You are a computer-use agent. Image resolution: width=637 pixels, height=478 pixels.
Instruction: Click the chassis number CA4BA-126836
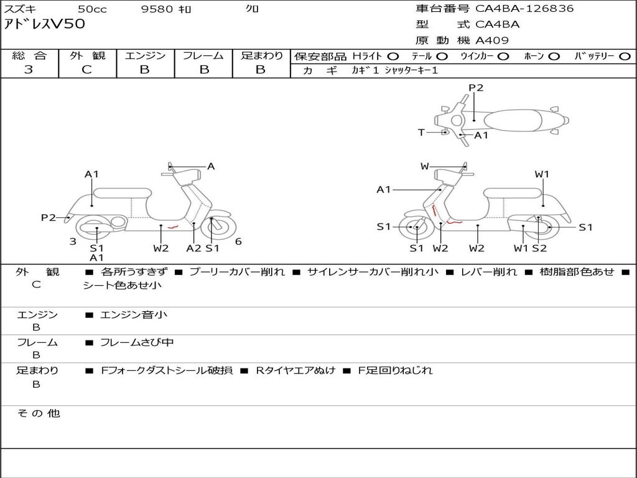(x=524, y=9)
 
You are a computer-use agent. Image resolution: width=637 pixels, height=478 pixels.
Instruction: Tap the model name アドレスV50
(x=45, y=25)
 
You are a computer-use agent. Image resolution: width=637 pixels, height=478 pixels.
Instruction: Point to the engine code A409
(x=492, y=40)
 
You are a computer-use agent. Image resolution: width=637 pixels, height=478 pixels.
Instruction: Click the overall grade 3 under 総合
(x=29, y=70)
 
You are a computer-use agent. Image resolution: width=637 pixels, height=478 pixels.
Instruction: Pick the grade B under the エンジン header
(x=145, y=70)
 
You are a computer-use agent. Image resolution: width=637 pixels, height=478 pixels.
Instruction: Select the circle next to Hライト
(x=393, y=57)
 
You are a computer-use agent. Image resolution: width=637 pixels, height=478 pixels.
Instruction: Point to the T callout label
(x=421, y=133)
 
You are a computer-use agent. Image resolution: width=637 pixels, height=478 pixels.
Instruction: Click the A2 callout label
(x=193, y=248)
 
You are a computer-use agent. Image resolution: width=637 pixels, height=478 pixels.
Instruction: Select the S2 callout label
(x=539, y=248)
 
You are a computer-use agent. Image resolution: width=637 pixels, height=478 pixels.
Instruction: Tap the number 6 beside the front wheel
(x=238, y=241)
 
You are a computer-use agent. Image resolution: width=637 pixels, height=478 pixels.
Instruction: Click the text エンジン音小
(x=134, y=315)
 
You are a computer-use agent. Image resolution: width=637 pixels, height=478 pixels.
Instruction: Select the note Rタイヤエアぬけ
(x=295, y=370)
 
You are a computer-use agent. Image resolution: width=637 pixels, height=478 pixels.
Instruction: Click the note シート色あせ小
(x=123, y=286)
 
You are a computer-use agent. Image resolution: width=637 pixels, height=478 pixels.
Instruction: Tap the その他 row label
(x=38, y=413)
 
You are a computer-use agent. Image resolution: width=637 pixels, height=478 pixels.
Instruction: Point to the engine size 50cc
(x=91, y=9)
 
